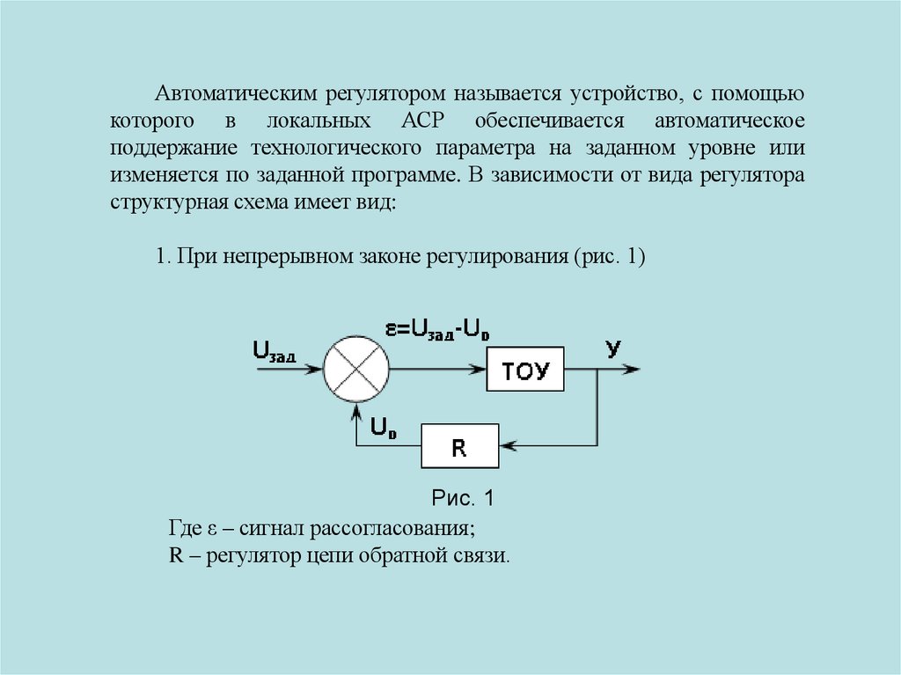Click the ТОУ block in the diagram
[x=525, y=372]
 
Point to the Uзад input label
[x=274, y=350]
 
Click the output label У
[x=613, y=348]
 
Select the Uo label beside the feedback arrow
[x=383, y=429]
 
